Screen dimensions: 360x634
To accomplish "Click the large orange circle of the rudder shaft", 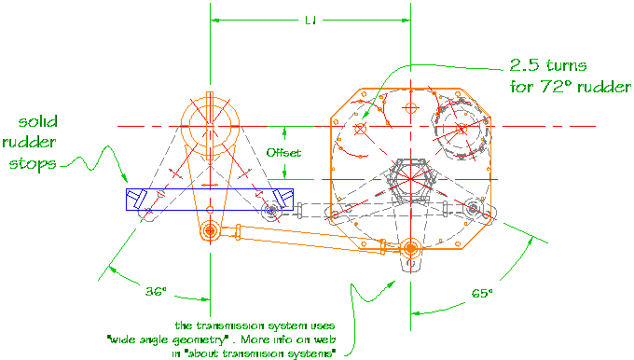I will click(x=212, y=126).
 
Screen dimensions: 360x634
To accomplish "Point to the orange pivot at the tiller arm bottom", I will click(x=210, y=229).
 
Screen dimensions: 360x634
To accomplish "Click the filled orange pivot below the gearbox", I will click(x=410, y=247).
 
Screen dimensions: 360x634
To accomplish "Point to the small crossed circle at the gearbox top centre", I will click(x=409, y=108).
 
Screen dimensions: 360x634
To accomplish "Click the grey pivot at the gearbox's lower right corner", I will click(x=476, y=208).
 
